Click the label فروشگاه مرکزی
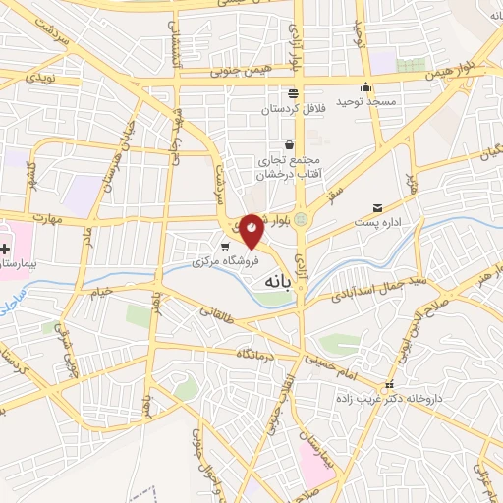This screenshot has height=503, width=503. tap(224, 262)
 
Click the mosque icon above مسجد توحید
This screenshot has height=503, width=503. tap(365, 85)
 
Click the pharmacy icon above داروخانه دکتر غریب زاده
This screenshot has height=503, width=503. tap(390, 385)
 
